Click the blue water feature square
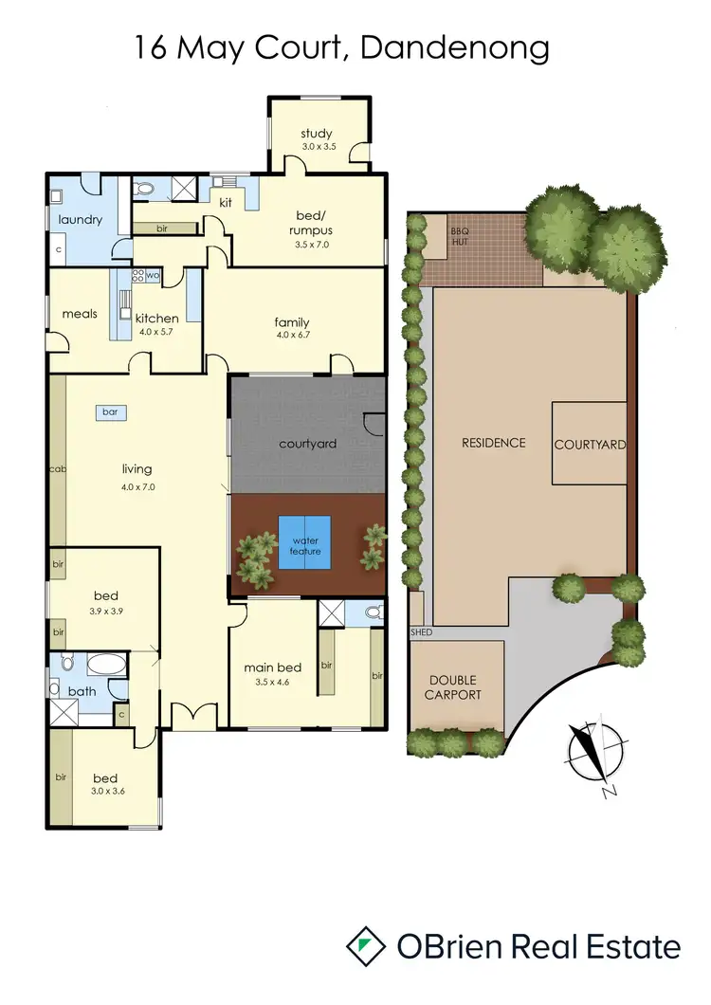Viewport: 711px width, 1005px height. [304, 542]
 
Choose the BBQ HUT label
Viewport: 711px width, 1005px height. [460, 236]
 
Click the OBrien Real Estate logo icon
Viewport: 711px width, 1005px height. [366, 947]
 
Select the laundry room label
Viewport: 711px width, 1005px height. [80, 220]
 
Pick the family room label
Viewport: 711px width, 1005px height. [292, 322]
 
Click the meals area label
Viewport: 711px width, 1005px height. [80, 314]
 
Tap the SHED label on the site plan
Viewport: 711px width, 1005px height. [420, 631]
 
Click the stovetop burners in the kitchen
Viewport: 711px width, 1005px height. [137, 276]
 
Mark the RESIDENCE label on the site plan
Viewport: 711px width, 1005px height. [493, 443]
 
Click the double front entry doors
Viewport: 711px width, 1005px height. [199, 717]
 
